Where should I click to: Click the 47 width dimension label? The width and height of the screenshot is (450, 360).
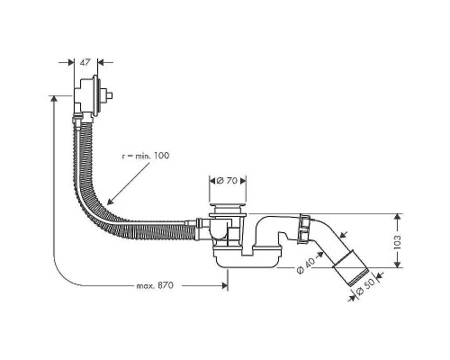83,64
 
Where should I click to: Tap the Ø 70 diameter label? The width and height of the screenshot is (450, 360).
229,182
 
